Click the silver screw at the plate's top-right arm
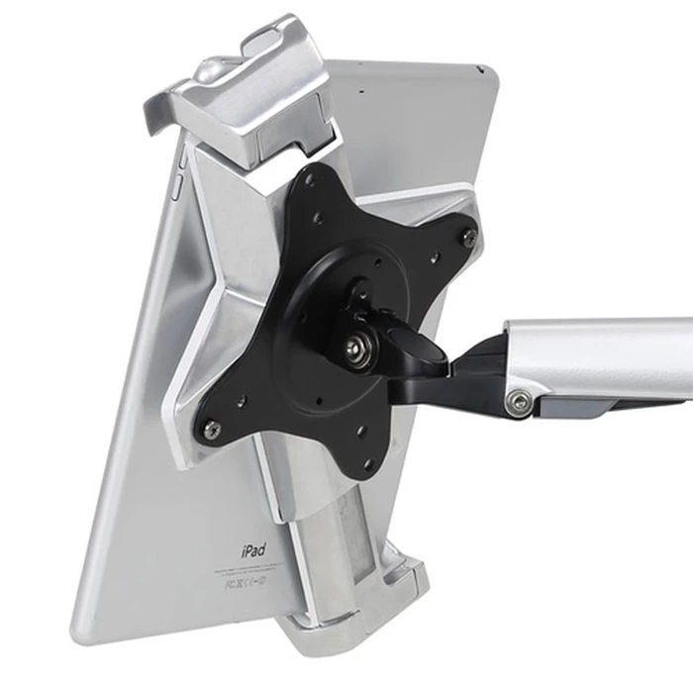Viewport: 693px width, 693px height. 468,236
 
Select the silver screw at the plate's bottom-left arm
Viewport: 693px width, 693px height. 211,428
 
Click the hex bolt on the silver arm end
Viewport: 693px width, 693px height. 513,399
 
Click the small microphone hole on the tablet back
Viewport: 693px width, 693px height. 362,92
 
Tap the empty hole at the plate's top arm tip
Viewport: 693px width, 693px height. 310,181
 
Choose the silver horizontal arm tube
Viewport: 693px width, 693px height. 604,356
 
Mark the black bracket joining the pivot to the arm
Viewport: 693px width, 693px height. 465,371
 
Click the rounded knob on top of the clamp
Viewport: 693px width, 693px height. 208,70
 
